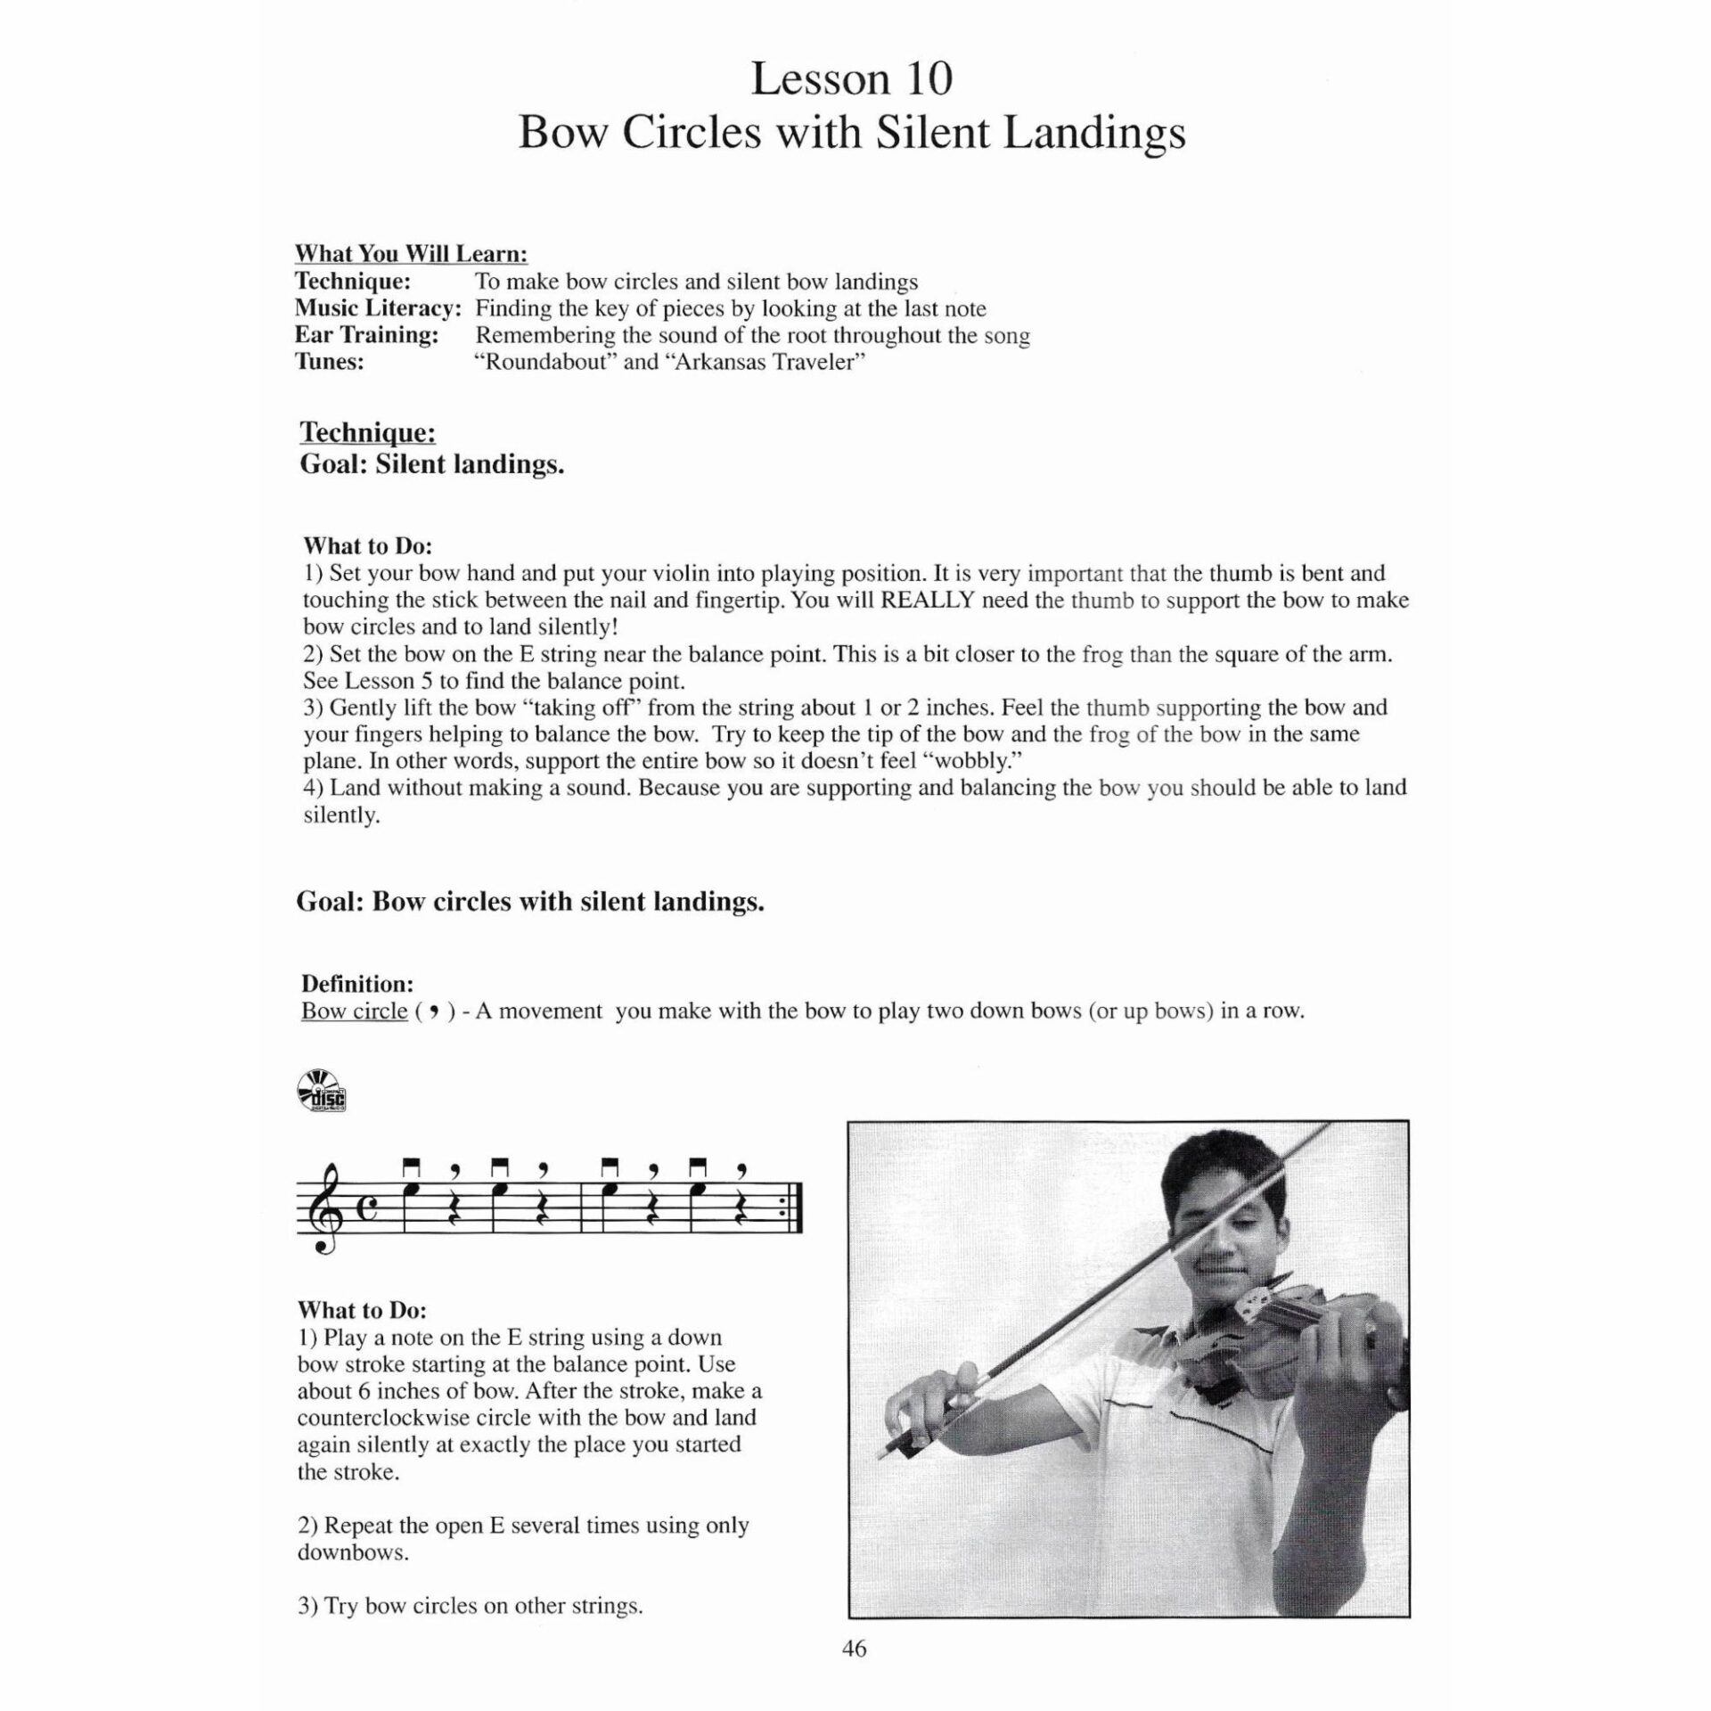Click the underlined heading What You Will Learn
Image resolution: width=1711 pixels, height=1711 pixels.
pos(411,254)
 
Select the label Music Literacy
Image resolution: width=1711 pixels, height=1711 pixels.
pos(378,308)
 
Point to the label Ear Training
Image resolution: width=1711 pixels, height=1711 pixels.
pos(366,335)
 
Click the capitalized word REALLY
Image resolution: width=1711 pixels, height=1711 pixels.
pos(927,600)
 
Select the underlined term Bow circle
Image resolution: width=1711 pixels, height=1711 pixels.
pos(354,1011)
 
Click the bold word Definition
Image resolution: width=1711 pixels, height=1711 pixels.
pos(357,984)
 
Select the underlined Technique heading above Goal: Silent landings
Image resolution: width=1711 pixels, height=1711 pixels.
pos(367,433)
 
